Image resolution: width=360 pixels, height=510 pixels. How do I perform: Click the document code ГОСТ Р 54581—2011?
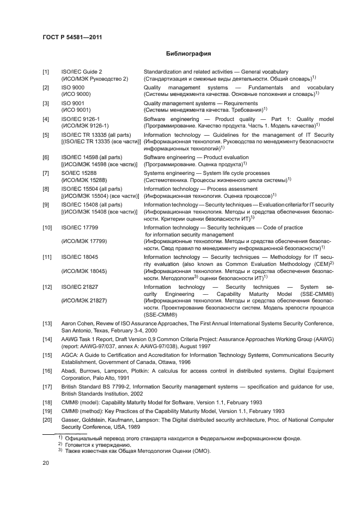pos(72,37)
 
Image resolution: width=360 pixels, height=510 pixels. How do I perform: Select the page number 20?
pos(46,463)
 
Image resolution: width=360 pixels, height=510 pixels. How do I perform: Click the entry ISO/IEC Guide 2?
pos(82,72)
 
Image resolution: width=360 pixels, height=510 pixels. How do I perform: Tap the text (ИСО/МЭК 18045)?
pos(84,271)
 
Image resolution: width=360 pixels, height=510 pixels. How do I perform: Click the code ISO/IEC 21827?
pos(80,287)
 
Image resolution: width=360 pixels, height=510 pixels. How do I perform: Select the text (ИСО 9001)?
pos(76,110)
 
